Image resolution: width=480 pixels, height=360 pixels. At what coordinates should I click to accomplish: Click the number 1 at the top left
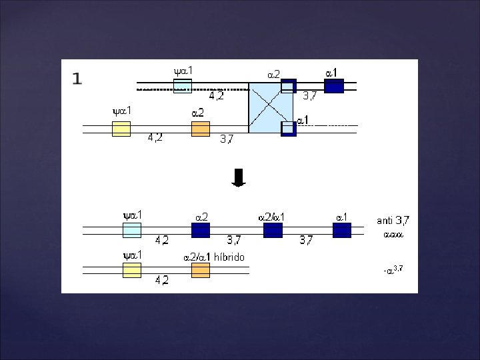[x=77, y=79]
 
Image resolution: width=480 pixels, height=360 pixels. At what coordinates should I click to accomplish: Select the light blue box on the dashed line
[x=182, y=85]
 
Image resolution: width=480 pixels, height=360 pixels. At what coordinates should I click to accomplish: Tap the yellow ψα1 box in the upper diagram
[x=121, y=129]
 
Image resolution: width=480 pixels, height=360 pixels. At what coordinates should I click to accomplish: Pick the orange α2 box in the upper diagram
[x=200, y=129]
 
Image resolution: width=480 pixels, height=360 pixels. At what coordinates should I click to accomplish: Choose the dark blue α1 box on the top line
[x=333, y=86]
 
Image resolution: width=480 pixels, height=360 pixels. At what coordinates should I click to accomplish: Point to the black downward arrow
[x=239, y=177]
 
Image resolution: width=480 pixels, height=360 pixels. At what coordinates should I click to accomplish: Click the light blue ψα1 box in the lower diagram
[x=132, y=231]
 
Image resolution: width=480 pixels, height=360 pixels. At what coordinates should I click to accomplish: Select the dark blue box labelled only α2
[x=200, y=231]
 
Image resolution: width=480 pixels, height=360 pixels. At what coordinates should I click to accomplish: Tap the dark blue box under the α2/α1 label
[x=273, y=231]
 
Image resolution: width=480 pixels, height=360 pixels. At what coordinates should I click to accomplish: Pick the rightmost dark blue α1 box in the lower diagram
[x=341, y=231]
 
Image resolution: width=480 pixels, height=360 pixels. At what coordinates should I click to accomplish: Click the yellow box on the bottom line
[x=132, y=270]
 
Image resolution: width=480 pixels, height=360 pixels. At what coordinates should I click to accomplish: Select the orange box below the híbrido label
[x=200, y=270]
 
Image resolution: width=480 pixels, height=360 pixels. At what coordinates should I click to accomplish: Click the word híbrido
[x=230, y=257]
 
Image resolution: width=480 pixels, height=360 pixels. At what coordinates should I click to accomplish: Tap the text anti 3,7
[x=393, y=220]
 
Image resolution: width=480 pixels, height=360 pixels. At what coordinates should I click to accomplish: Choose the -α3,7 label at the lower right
[x=393, y=269]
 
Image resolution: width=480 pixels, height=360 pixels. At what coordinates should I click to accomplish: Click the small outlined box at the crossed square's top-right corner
[x=288, y=86]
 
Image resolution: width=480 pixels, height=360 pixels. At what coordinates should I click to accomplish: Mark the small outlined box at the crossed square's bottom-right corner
[x=288, y=128]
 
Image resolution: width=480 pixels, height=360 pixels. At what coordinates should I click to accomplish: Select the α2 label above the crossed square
[x=273, y=75]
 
